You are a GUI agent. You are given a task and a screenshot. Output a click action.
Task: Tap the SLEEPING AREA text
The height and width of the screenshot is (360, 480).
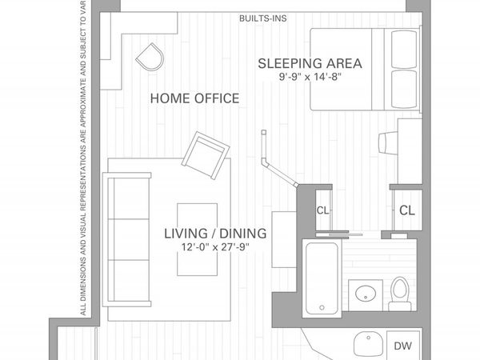310,63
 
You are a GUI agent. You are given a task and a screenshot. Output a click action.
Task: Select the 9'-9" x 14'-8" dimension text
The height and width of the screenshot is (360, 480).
310,79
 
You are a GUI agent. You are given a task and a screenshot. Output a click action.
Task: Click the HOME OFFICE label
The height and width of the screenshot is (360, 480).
194,98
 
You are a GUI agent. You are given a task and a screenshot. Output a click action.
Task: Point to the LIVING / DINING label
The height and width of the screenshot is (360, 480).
215,234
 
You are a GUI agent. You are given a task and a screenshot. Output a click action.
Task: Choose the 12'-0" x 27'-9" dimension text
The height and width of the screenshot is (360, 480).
215,247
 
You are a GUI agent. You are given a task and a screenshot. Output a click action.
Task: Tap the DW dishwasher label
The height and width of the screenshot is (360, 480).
403,346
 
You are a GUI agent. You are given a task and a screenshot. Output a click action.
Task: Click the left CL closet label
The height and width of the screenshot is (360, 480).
322,211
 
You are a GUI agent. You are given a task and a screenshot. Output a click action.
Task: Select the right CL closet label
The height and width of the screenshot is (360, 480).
406,211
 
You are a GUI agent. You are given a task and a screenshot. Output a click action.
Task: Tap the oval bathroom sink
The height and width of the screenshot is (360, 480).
366,292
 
